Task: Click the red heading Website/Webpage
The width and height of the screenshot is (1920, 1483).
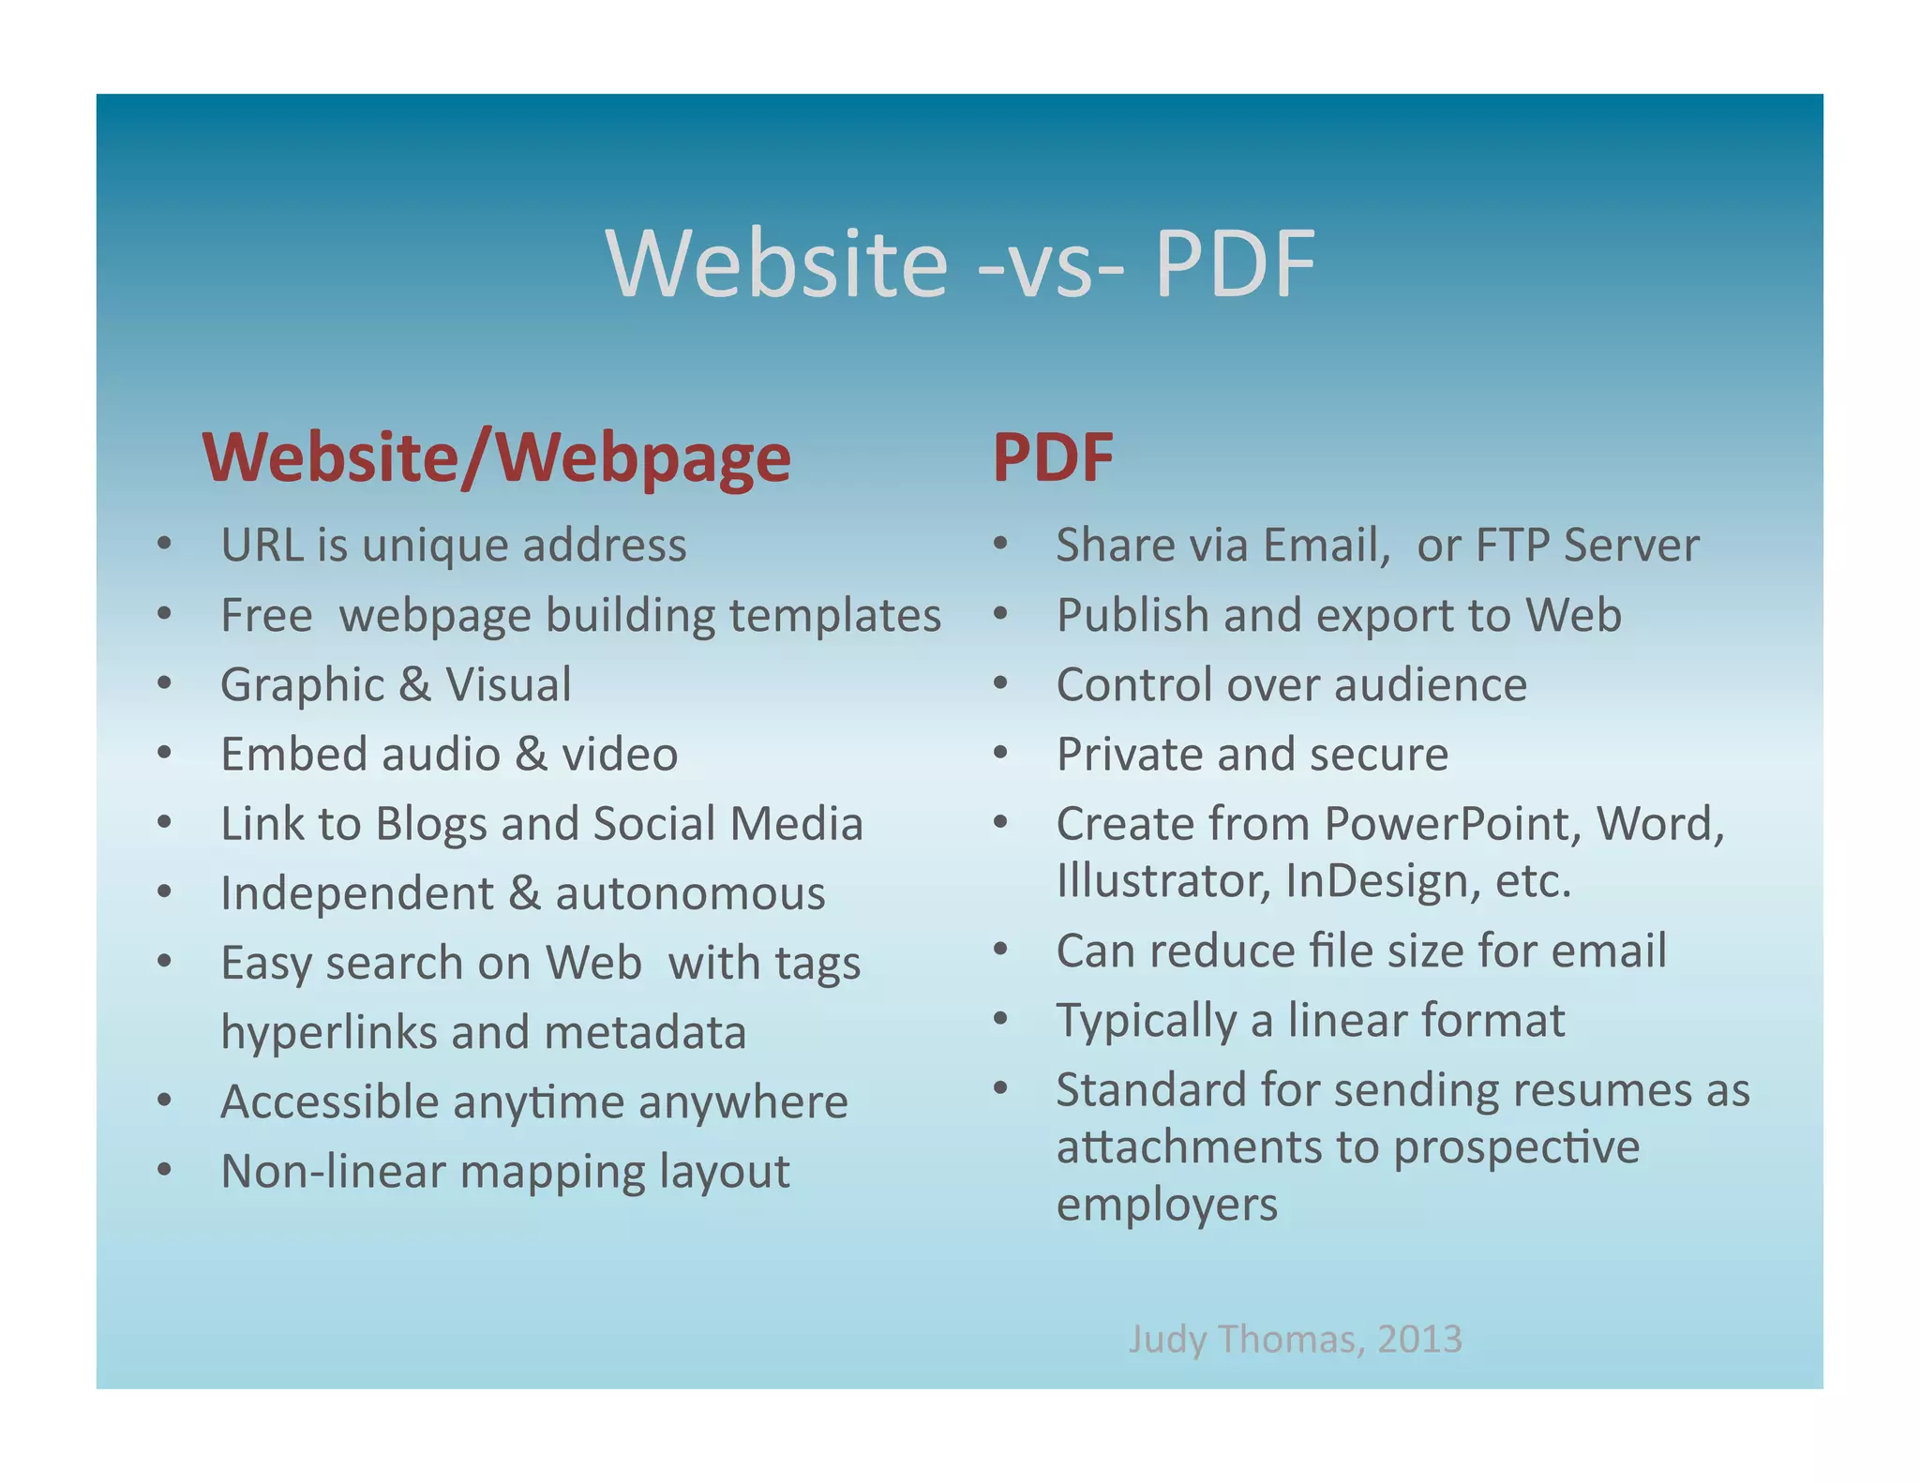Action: pyautogui.click(x=496, y=458)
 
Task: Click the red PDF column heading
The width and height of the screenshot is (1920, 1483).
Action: pyautogui.click(x=1053, y=458)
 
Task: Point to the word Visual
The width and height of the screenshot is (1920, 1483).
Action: pyautogui.click(x=507, y=685)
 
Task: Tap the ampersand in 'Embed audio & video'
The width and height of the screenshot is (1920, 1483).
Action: pyautogui.click(x=530, y=755)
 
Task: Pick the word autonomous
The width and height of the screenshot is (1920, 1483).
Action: pyautogui.click(x=690, y=893)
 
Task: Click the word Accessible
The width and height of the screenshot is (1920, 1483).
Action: pyautogui.click(x=329, y=1101)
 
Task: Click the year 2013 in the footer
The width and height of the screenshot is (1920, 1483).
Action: pyautogui.click(x=1419, y=1339)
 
